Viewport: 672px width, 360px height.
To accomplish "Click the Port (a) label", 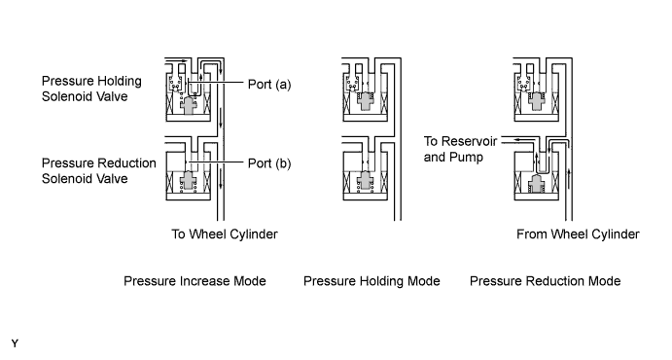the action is click(x=269, y=85).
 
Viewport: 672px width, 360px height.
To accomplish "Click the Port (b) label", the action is click(x=269, y=163).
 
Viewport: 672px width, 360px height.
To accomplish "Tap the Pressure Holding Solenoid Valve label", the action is click(x=91, y=89).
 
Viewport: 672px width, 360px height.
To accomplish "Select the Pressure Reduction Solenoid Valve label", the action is click(x=98, y=170).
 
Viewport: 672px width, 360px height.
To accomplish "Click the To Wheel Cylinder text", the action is click(x=225, y=234).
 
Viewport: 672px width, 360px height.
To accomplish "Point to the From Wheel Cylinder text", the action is click(x=578, y=234).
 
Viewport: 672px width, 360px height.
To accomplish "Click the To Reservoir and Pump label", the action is click(x=460, y=149).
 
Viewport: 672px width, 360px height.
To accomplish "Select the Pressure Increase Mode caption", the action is click(x=195, y=281).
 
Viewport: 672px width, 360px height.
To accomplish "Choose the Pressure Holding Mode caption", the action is click(x=371, y=281).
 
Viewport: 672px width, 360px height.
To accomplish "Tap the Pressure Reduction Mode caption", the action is click(x=546, y=281).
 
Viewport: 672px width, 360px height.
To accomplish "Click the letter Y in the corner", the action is click(x=15, y=343).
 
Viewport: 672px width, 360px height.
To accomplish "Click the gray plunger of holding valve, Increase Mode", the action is click(x=189, y=105).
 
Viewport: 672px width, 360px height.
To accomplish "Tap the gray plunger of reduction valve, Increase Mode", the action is click(x=189, y=180).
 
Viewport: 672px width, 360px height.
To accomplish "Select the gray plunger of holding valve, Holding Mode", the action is click(x=366, y=101).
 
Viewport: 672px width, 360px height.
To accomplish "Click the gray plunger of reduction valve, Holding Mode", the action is click(x=366, y=180).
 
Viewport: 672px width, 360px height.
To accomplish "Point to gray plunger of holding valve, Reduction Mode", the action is click(x=537, y=101).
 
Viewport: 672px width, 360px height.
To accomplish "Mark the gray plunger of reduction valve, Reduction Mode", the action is click(x=537, y=184).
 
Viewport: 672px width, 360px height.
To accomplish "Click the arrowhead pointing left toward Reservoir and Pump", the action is click(x=516, y=140).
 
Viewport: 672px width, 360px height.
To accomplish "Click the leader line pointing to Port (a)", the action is click(x=216, y=83).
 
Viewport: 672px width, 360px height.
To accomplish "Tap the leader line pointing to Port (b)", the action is click(x=216, y=162).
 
